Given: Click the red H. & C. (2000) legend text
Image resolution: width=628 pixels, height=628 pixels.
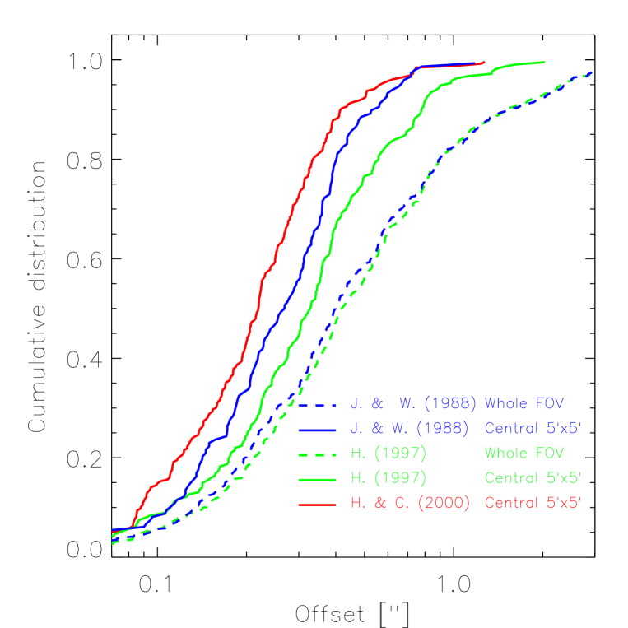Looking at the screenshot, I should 409,503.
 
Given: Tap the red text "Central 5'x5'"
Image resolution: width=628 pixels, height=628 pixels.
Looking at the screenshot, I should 533,502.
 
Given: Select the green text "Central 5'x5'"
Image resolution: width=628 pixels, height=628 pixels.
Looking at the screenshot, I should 533,477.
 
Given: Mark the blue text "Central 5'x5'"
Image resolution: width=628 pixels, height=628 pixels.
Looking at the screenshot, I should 533,428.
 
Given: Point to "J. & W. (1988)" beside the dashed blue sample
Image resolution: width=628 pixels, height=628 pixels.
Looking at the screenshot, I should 412,404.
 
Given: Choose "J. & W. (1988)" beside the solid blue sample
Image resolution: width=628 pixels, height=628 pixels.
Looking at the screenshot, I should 409,429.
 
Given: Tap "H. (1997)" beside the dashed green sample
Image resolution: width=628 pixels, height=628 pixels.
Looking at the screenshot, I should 388,454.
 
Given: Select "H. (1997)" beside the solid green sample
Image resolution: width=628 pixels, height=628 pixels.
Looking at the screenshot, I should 388,478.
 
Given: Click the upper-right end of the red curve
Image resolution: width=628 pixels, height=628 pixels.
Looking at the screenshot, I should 483,62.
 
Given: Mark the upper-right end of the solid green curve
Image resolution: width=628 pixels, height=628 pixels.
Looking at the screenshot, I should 544,63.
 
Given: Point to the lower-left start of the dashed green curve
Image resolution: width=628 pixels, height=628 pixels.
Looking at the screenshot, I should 113,543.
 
